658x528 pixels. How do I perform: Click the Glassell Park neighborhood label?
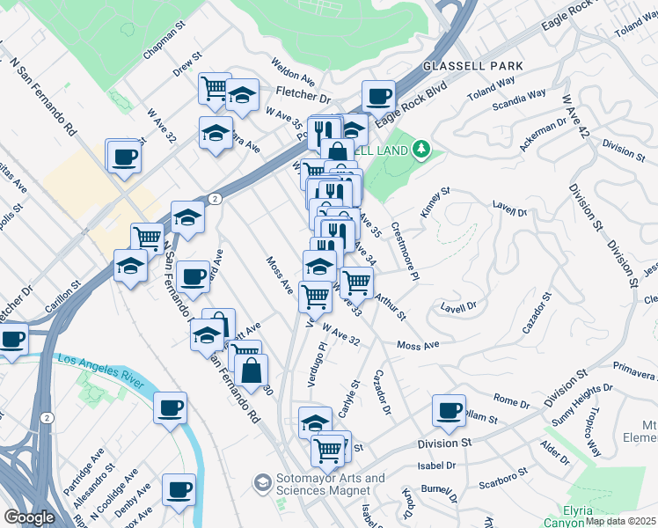click(472, 66)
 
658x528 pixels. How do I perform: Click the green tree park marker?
click(422, 149)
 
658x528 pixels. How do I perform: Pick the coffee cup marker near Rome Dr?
click(449, 411)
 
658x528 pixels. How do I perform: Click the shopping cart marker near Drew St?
click(214, 88)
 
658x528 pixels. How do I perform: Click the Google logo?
click(29, 517)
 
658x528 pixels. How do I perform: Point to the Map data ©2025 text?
click(620, 521)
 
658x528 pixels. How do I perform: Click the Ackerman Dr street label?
click(539, 134)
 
